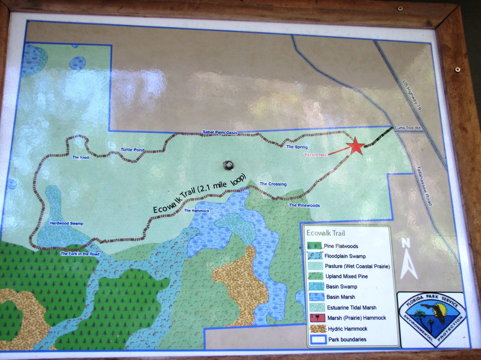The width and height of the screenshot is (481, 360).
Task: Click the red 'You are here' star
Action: (x=356, y=147)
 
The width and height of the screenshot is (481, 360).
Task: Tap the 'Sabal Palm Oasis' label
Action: (x=220, y=132)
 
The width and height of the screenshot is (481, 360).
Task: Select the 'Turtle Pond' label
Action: (x=133, y=150)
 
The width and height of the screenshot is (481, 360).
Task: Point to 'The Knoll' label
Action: (x=82, y=157)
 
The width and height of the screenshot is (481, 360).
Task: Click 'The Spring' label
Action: (x=297, y=147)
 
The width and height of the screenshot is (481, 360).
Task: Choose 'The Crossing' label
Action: (x=273, y=184)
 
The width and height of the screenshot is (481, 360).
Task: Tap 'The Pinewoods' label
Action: (x=305, y=205)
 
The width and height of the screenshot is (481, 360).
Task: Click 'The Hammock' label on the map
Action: (x=196, y=211)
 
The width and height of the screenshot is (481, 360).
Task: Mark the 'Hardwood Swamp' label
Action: (x=66, y=223)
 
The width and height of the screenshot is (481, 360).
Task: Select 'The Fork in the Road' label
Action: (x=80, y=254)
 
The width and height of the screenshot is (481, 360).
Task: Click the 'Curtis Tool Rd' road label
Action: (x=408, y=128)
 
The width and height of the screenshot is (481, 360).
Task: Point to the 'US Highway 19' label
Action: (x=412, y=95)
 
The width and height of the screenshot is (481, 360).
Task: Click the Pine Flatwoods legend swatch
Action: (x=315, y=246)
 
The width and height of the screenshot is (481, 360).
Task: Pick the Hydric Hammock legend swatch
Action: (x=315, y=328)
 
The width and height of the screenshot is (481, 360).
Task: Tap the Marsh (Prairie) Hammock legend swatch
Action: (x=315, y=318)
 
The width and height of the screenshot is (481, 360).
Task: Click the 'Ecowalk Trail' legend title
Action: (x=326, y=233)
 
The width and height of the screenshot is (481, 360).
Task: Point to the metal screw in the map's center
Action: (x=229, y=165)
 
